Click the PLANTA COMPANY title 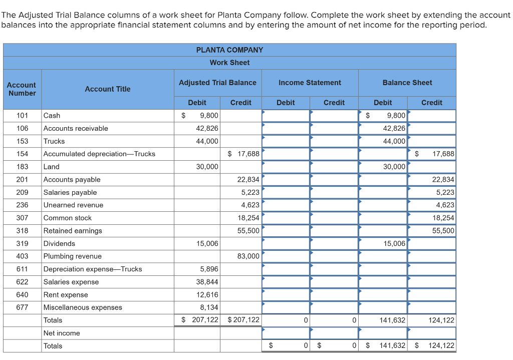click(x=229, y=50)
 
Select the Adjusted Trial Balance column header click(x=217, y=83)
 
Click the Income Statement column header click(x=310, y=83)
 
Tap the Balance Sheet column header click(x=407, y=83)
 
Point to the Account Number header click(x=22, y=89)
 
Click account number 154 click(x=22, y=154)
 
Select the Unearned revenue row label click(x=73, y=205)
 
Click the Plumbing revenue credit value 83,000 click(x=248, y=256)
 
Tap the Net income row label click(x=62, y=333)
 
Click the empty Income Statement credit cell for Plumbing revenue click(x=334, y=256)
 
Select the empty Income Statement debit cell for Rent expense click(x=286, y=294)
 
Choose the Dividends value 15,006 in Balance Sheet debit click(x=394, y=243)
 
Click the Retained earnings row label click(x=73, y=231)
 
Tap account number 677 click(x=22, y=307)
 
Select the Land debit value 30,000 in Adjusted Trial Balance click(x=207, y=167)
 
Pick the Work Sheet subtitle click(x=229, y=63)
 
